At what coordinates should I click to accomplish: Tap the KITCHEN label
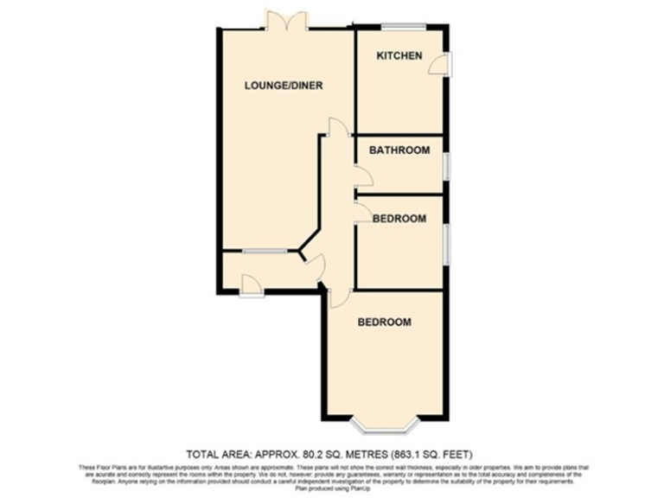[399, 56]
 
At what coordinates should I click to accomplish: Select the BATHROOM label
[399, 150]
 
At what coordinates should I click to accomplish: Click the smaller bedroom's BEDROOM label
[399, 219]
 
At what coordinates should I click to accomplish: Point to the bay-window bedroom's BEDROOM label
[385, 322]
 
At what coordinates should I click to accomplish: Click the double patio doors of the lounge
[286, 22]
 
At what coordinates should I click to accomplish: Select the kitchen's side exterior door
[443, 64]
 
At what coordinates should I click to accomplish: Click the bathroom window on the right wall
[446, 165]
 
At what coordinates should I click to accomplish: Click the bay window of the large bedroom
[386, 425]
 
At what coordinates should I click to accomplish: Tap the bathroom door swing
[363, 177]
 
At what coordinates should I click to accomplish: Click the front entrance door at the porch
[252, 284]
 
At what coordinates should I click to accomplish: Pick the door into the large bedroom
[338, 296]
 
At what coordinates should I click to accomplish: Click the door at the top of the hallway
[336, 126]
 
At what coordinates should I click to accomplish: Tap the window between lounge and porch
[264, 252]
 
